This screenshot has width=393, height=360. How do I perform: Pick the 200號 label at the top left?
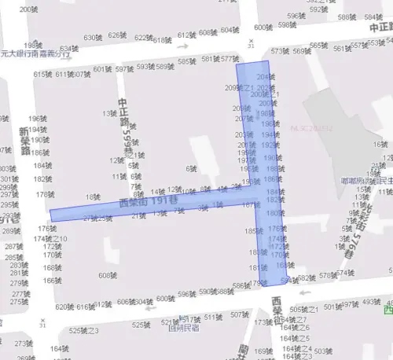tap(30, 9)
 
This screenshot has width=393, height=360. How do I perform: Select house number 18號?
tap(93, 197)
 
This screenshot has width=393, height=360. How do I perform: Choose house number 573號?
tap(281, 51)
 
